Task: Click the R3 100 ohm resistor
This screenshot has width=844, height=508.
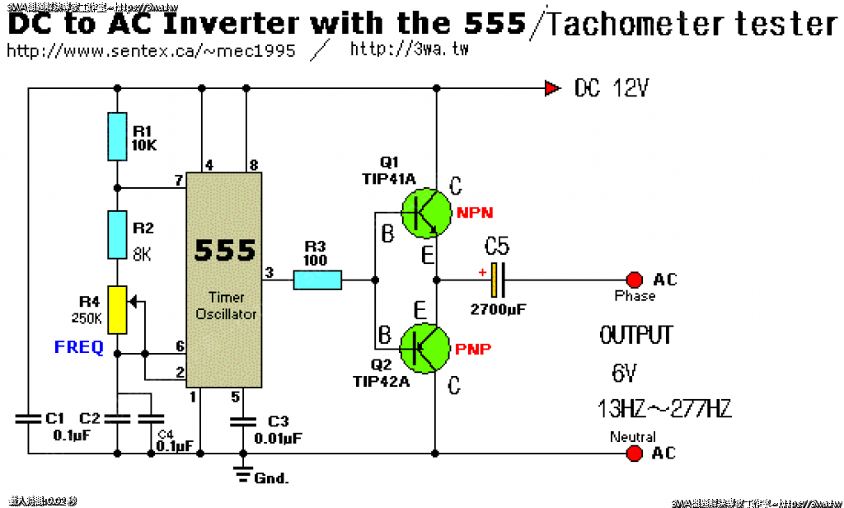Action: point(317,280)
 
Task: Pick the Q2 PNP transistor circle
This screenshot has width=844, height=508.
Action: point(425,348)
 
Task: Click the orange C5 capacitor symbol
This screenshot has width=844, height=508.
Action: point(496,280)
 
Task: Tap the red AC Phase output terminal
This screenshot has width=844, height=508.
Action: point(634,280)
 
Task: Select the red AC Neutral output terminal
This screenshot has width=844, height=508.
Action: point(634,453)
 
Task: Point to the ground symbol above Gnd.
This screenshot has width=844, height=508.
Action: point(242,473)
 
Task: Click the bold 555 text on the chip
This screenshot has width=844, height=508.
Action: point(224,250)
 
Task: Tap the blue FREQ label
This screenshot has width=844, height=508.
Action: point(79,347)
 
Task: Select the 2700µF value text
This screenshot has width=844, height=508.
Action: point(498,310)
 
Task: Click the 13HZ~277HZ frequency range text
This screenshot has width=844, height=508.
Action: point(664,408)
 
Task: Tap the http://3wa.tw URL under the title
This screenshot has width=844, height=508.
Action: point(410,49)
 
